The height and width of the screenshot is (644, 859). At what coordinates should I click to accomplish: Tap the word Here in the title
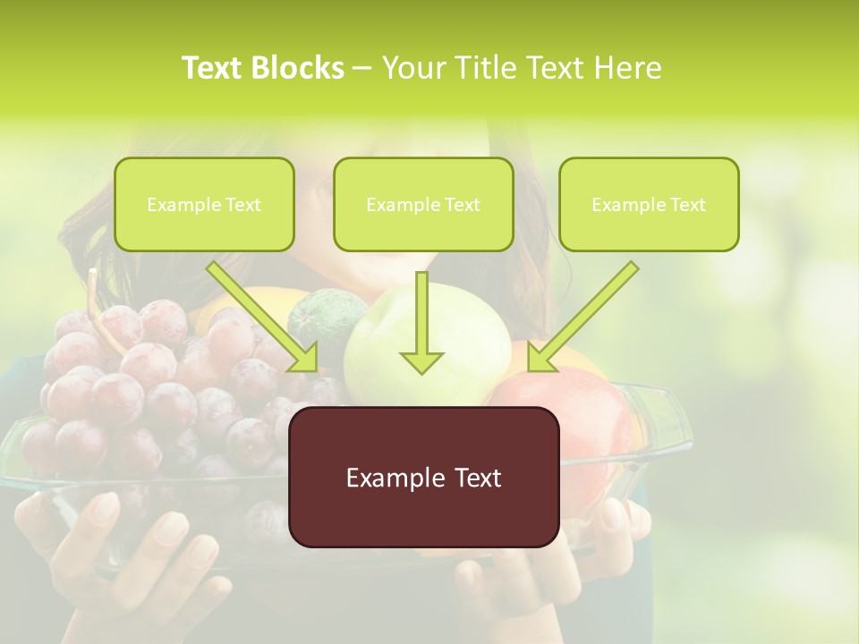click(x=629, y=68)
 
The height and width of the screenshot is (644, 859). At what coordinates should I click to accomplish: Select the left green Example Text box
click(x=204, y=204)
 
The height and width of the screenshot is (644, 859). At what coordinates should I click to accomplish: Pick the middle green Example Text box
click(x=423, y=204)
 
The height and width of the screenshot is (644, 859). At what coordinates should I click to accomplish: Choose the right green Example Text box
click(x=649, y=204)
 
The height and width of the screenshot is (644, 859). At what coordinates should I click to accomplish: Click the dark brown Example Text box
click(x=423, y=477)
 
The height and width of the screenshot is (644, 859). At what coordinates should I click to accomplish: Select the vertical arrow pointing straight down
click(x=421, y=322)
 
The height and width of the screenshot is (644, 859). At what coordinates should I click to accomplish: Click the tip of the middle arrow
click(x=421, y=369)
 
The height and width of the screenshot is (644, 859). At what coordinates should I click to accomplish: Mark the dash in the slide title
click(x=362, y=69)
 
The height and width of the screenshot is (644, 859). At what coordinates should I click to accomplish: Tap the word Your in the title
click(x=412, y=68)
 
